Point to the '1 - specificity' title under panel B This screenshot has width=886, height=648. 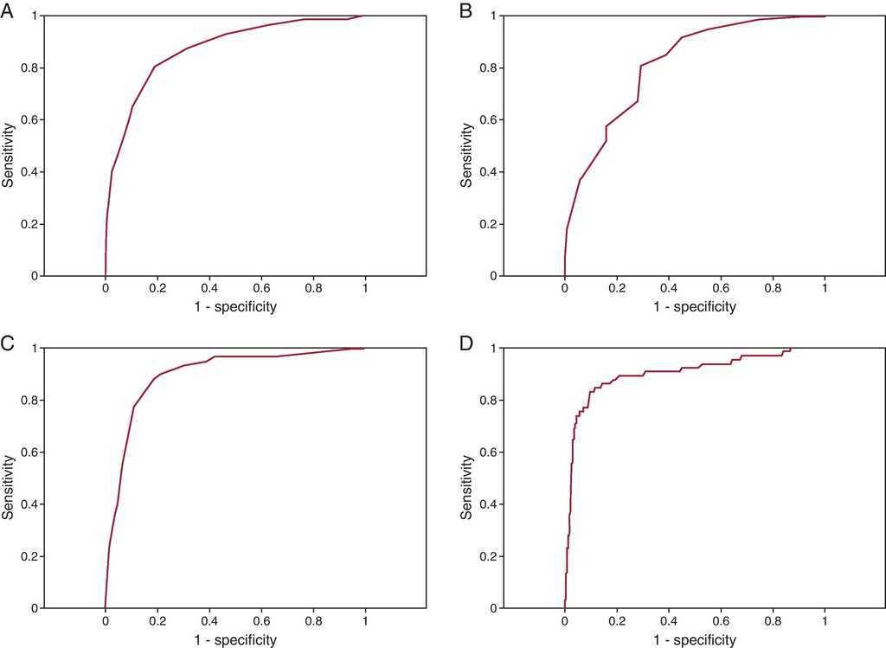[x=695, y=307]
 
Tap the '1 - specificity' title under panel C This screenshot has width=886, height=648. [x=235, y=640]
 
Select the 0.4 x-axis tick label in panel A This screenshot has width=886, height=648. [x=209, y=289]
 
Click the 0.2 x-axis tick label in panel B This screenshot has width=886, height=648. [x=617, y=289]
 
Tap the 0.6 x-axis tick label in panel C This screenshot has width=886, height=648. [x=261, y=621]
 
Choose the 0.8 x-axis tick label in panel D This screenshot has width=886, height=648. [x=773, y=621]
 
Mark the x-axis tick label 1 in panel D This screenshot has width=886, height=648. [x=825, y=621]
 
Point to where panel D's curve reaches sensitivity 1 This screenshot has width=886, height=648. [x=791, y=349]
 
